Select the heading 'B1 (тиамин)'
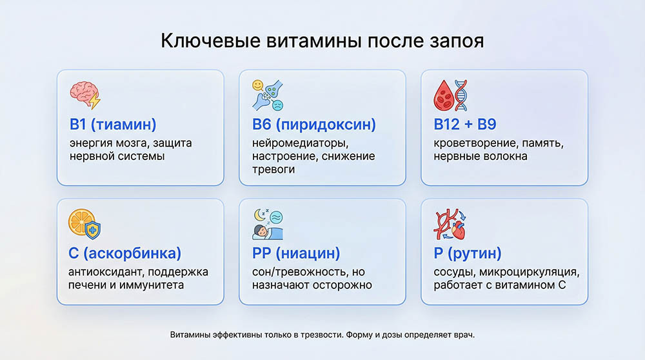coord(113,124)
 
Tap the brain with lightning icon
coord(84,95)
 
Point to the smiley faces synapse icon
coord(267,95)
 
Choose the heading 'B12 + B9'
coord(464,124)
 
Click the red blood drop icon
coord(443,95)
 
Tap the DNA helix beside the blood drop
coord(461,95)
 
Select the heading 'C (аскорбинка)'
coord(125,253)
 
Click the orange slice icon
coord(81,221)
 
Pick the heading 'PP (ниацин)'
coord(295,253)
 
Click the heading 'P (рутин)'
coord(467,253)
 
